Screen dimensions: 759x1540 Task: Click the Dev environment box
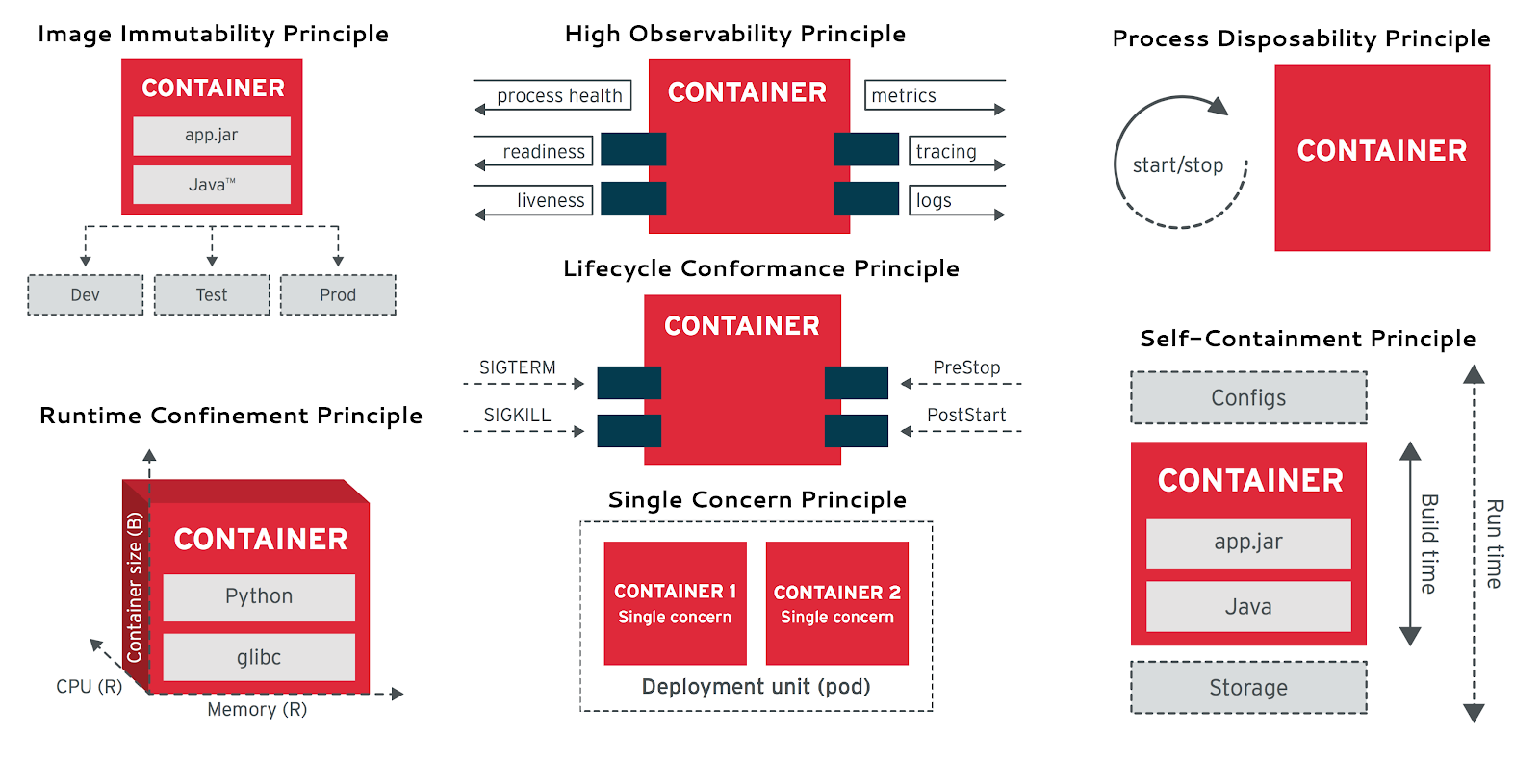85,295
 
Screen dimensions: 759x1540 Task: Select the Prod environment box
338,295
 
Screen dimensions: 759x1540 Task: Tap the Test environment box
212,295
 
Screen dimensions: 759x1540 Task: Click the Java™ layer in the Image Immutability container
212,185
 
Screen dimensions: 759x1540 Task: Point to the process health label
559,95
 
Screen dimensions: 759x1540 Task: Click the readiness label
544,151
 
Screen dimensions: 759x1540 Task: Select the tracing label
946,151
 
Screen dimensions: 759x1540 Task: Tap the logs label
934,200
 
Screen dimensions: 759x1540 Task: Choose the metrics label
904,95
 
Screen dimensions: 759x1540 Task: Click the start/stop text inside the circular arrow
1178,165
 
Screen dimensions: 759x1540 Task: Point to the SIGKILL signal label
517,415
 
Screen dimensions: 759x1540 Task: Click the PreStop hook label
966,367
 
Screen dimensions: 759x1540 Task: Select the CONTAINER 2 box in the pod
836,603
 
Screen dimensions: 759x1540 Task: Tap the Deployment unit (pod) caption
756,686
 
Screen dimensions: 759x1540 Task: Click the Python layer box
259,596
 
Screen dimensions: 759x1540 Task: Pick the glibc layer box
259,657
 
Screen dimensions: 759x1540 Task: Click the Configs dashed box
1248,397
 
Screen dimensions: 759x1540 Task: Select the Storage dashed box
1248,687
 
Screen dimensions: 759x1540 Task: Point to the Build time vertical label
1429,544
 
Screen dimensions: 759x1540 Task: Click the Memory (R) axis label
257,709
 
